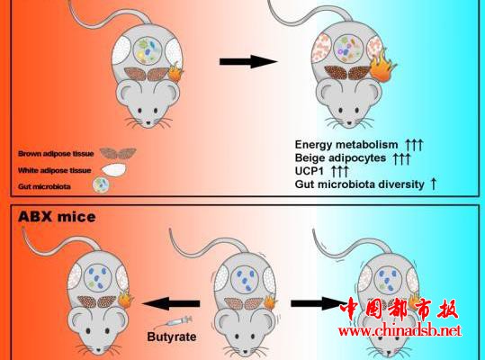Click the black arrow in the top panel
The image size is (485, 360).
coord(248,61)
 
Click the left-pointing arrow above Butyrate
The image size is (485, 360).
coord(171,303)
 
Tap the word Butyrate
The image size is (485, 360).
coord(172,337)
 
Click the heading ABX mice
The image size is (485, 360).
coord(57,217)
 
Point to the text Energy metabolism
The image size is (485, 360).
coord(346,144)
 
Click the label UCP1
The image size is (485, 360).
coord(309,171)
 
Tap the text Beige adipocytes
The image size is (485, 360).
coord(340,157)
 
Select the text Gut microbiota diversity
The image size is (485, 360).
coord(360,184)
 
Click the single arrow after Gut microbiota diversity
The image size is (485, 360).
coord(434,184)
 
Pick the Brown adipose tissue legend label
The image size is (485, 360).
coord(56,154)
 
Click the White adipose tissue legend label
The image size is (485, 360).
coord(54,170)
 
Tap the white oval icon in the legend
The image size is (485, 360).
coord(113,170)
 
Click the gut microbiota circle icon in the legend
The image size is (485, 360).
coord(101,185)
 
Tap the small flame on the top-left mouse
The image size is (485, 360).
coord(175,71)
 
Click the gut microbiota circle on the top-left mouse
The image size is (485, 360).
coord(148,50)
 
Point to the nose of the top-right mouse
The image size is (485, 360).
coord(349,122)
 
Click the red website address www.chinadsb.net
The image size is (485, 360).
coord(400,331)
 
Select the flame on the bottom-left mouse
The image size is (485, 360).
coord(125,299)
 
